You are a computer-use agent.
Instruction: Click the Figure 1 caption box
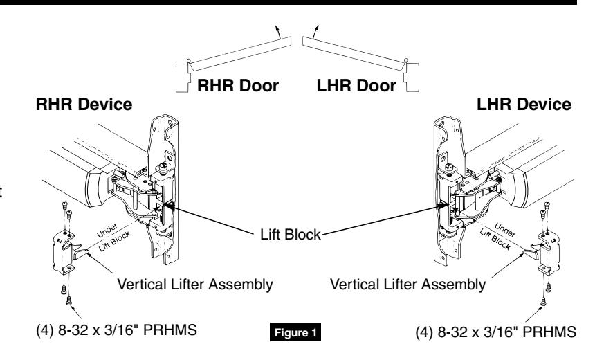coord(295,332)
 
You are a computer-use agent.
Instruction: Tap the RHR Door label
coord(238,86)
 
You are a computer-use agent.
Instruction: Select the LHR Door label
coord(356,86)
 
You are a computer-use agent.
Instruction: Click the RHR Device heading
coord(84,105)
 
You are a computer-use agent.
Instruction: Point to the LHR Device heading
coord(524,105)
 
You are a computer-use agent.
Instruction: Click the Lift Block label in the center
coord(291,235)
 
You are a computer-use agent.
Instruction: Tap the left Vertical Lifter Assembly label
coord(195,285)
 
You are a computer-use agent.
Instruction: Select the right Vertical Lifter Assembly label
coord(408,285)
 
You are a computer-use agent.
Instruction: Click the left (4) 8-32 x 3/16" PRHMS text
coord(116,330)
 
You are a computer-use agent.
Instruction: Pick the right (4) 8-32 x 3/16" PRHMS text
coord(496,332)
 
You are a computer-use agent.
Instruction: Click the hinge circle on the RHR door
coord(189,61)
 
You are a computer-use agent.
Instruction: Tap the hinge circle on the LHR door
coord(405,60)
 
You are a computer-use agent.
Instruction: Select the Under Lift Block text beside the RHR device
coord(113,237)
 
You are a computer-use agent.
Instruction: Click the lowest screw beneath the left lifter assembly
coord(69,300)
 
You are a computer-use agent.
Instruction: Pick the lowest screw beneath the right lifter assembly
coord(543,301)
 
